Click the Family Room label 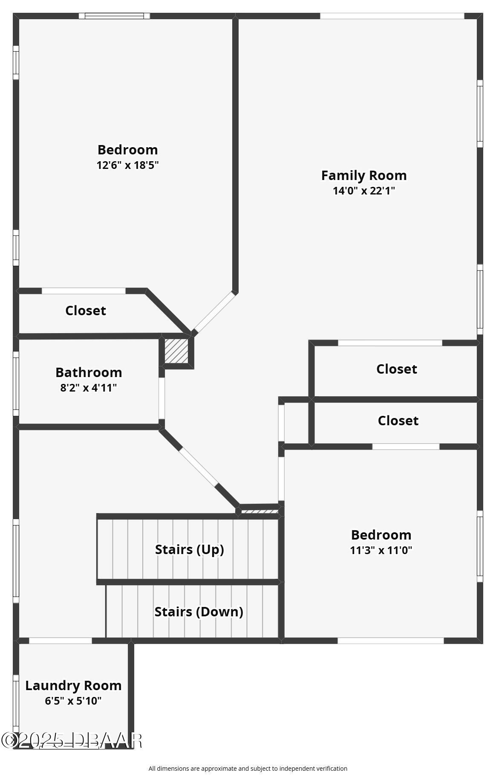363,175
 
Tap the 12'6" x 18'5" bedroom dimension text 127,165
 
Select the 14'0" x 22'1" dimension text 363,191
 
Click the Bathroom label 89,372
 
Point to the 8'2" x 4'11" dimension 89,388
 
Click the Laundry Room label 73,685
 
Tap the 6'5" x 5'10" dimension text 73,701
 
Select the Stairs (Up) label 190,549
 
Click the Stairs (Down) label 199,612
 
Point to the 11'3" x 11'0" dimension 381,550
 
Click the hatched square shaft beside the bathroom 176,351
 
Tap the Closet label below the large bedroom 85,311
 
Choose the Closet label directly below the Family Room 396,369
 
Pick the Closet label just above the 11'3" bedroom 398,421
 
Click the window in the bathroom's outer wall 16,383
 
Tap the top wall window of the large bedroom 114,16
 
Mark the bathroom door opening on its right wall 161,398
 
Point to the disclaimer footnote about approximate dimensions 248,769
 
